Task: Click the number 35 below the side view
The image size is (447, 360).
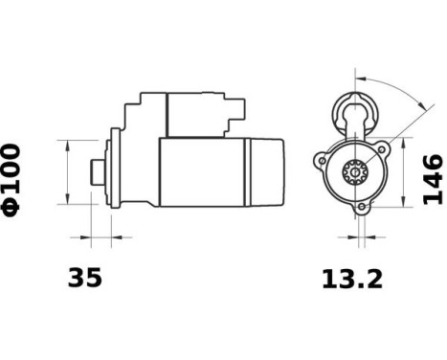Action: click(84, 279)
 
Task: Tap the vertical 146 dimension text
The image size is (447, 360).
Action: click(433, 178)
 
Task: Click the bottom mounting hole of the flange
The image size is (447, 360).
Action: click(362, 207)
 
